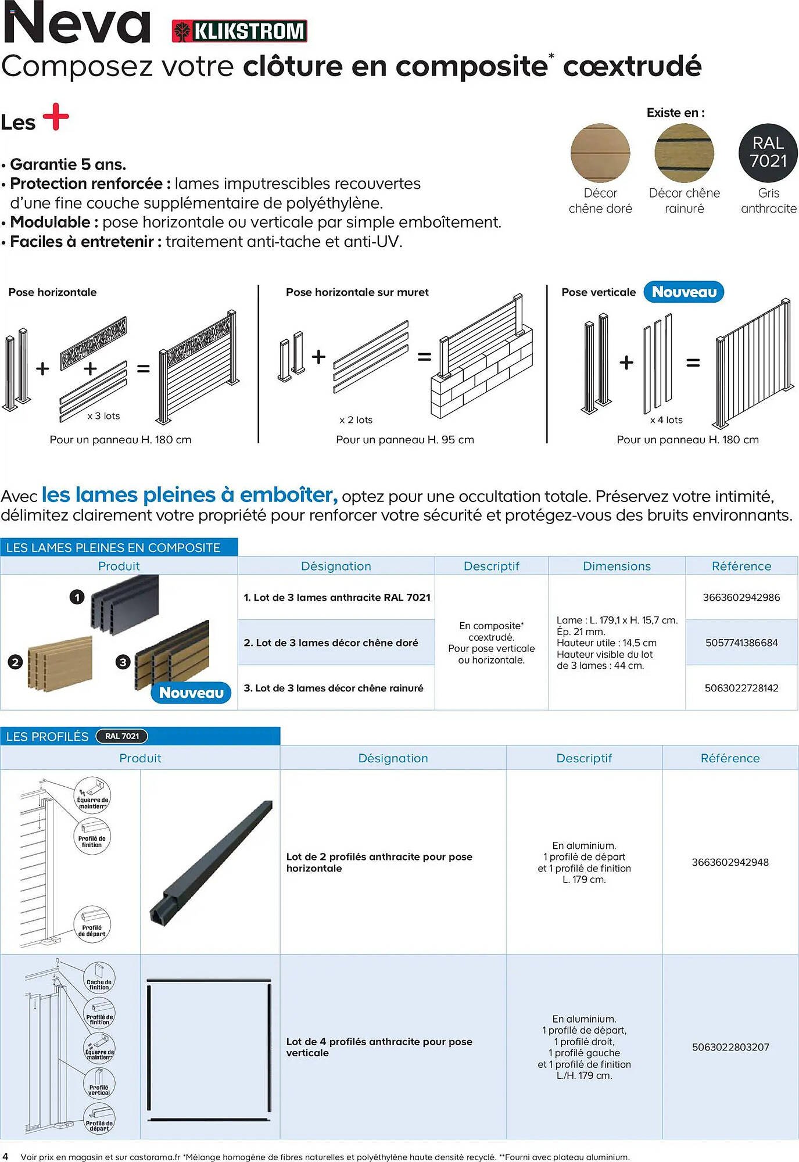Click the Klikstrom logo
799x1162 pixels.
point(239,31)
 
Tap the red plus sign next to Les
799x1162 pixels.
point(56,117)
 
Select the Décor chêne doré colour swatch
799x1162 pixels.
point(600,153)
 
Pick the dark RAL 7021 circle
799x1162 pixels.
point(768,152)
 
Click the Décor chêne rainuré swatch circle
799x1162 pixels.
point(684,153)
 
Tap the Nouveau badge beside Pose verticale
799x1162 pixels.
point(683,292)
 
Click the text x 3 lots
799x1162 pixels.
point(103,416)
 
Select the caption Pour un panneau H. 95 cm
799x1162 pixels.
point(404,440)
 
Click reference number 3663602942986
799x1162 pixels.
point(741,597)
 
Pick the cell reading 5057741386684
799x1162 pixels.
point(741,643)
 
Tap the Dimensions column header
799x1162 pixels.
point(617,566)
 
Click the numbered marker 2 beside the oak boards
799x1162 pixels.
point(15,662)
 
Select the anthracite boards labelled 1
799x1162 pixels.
point(125,601)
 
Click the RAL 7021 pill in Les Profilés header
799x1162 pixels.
point(122,736)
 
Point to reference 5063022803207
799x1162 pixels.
point(730,1047)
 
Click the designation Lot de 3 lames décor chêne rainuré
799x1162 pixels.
point(334,688)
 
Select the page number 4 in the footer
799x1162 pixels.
point(6,1156)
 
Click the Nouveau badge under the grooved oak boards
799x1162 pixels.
point(191,693)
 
